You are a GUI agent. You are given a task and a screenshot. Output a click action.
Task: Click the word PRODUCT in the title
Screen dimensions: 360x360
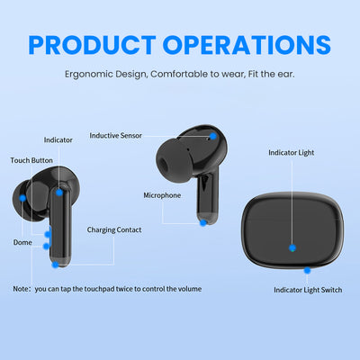pyautogui.click(x=92, y=45)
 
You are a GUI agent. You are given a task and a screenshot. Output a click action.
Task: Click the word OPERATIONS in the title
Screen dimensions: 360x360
pyautogui.click(x=247, y=45)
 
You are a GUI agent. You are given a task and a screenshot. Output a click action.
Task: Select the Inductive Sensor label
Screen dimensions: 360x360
pyautogui.click(x=115, y=136)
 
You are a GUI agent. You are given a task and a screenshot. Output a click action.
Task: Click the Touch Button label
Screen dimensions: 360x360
pyautogui.click(x=31, y=160)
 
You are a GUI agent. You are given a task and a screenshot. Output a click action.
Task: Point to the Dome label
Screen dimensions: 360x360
pyautogui.click(x=22, y=242)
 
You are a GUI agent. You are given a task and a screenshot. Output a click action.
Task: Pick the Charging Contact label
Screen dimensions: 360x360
pyautogui.click(x=114, y=229)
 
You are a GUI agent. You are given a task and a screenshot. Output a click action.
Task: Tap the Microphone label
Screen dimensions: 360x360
pyautogui.click(x=162, y=195)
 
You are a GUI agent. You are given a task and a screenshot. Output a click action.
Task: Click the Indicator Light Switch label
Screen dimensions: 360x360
pyautogui.click(x=308, y=290)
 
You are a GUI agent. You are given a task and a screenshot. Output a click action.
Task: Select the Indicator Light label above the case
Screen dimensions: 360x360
pyautogui.click(x=291, y=153)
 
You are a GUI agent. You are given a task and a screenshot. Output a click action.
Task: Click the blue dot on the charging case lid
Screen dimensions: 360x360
pyautogui.click(x=292, y=248)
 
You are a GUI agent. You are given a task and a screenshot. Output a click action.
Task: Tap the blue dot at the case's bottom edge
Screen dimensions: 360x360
pyautogui.click(x=307, y=271)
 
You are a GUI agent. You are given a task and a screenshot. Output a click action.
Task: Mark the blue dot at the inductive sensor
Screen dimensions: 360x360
pyautogui.click(x=213, y=136)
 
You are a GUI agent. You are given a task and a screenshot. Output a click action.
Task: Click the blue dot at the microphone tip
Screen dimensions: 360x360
pyautogui.click(x=203, y=222)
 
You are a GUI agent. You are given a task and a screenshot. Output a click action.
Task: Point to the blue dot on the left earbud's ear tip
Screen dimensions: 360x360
pyautogui.click(x=22, y=198)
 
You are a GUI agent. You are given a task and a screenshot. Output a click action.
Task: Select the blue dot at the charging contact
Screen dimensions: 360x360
pyautogui.click(x=55, y=265)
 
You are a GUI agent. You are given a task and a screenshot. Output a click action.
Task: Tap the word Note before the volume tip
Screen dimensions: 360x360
pyautogui.click(x=21, y=289)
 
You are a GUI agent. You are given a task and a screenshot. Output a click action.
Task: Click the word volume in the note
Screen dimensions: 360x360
pyautogui.click(x=190, y=289)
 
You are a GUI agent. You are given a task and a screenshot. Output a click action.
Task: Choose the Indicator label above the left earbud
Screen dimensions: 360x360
pyautogui.click(x=58, y=140)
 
